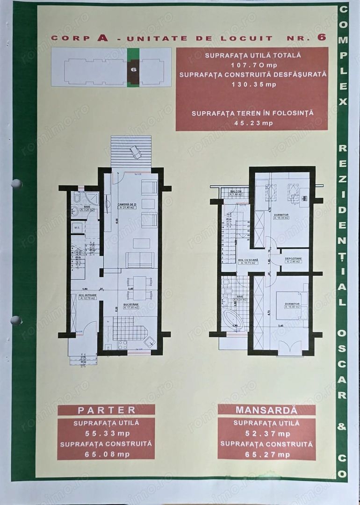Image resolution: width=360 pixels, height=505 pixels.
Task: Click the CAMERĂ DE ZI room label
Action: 121,204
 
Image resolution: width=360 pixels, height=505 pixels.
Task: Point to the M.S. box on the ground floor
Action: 77,228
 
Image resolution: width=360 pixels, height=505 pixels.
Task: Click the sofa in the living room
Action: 140,260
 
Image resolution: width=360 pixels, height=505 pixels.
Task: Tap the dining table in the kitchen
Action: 140,287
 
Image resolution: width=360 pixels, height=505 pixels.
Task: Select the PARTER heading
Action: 106,410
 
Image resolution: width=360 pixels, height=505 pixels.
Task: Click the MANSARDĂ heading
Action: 266,410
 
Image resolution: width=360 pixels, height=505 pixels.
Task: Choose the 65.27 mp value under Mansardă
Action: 266,454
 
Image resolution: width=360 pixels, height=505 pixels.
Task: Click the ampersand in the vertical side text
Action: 342,426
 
